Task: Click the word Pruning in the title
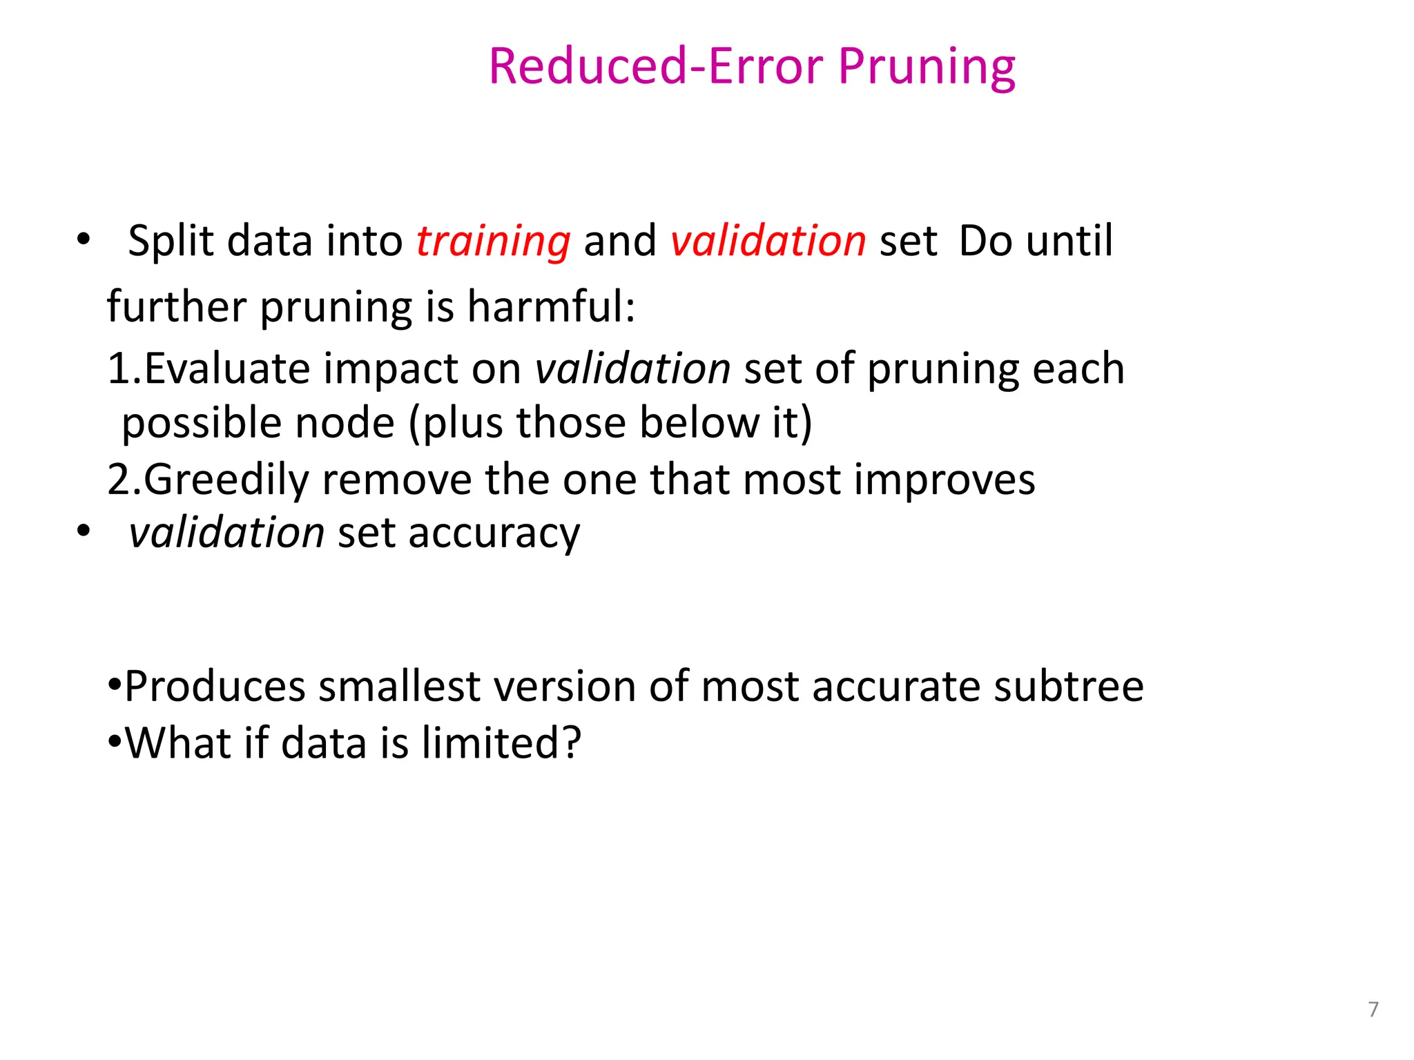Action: click(927, 68)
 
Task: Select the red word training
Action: click(493, 242)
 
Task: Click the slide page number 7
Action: click(1373, 1009)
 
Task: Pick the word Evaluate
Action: click(226, 369)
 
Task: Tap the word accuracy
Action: click(494, 534)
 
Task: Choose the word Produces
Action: click(215, 687)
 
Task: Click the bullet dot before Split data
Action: click(84, 240)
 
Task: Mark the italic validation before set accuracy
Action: click(226, 533)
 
